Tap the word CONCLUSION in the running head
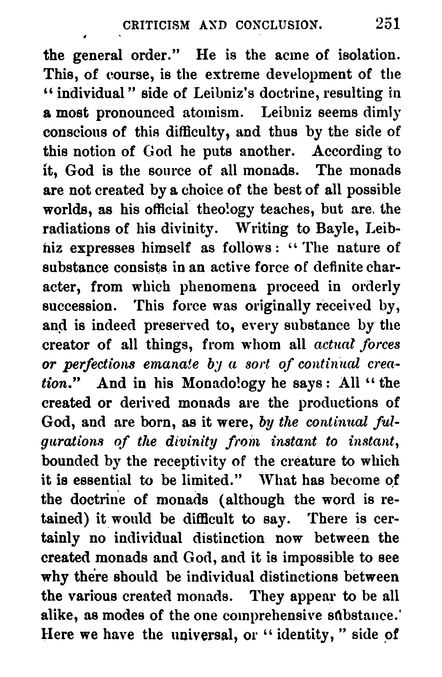click(279, 25)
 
